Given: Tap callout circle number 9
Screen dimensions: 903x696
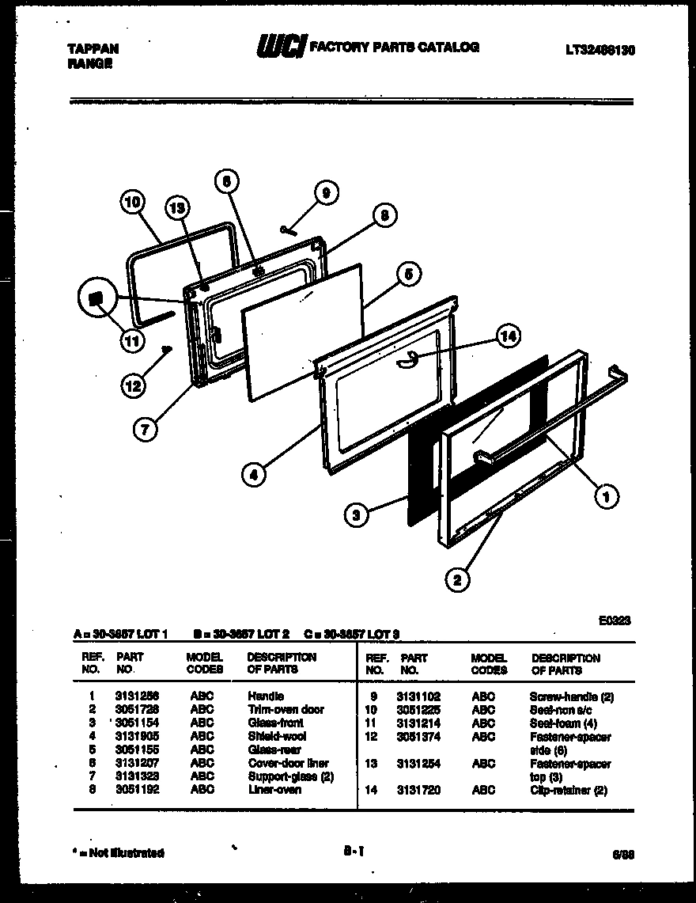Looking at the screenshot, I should (x=325, y=192).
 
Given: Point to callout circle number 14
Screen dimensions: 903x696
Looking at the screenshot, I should (x=509, y=336).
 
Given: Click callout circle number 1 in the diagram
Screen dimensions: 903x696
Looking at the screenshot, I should (x=606, y=496).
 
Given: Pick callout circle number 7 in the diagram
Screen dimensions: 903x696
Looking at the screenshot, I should (x=145, y=429).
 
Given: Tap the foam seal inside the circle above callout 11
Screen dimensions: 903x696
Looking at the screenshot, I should (x=96, y=298).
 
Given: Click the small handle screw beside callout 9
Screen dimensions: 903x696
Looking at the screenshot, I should (x=287, y=230).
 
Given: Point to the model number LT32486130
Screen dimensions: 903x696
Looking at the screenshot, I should (x=600, y=50).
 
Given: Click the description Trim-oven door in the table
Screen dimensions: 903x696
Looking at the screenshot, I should (x=286, y=710).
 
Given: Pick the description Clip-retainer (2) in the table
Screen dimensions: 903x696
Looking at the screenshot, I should (x=568, y=791).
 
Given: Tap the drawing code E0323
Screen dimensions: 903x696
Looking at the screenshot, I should (x=614, y=621).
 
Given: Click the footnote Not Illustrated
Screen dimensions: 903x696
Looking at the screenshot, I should (x=119, y=853).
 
